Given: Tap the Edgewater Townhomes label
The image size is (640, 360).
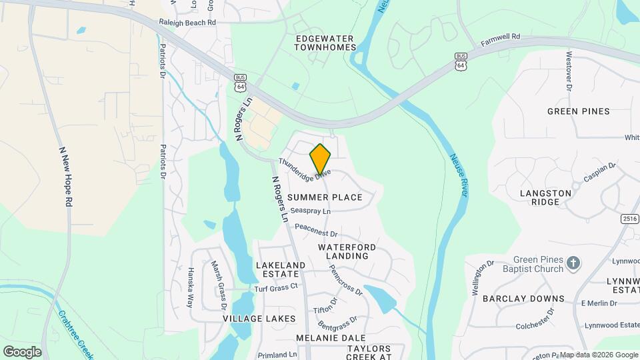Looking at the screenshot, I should pos(325,43).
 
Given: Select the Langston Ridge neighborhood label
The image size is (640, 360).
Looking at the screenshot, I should pos(545,197).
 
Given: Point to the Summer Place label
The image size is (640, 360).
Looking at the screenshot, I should pos(325,197).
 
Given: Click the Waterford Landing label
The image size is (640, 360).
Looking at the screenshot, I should pos(347,251).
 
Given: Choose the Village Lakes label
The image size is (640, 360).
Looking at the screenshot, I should pos(259,319).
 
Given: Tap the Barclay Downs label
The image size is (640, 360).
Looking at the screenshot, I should pos(523,299).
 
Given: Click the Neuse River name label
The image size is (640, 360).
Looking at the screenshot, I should pos(458,175).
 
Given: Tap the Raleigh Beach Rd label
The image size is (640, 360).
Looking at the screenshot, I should pos(188,22).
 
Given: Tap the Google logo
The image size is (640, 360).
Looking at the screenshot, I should pos(22,351).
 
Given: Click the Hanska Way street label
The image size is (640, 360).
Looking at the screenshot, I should pos(191,287).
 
